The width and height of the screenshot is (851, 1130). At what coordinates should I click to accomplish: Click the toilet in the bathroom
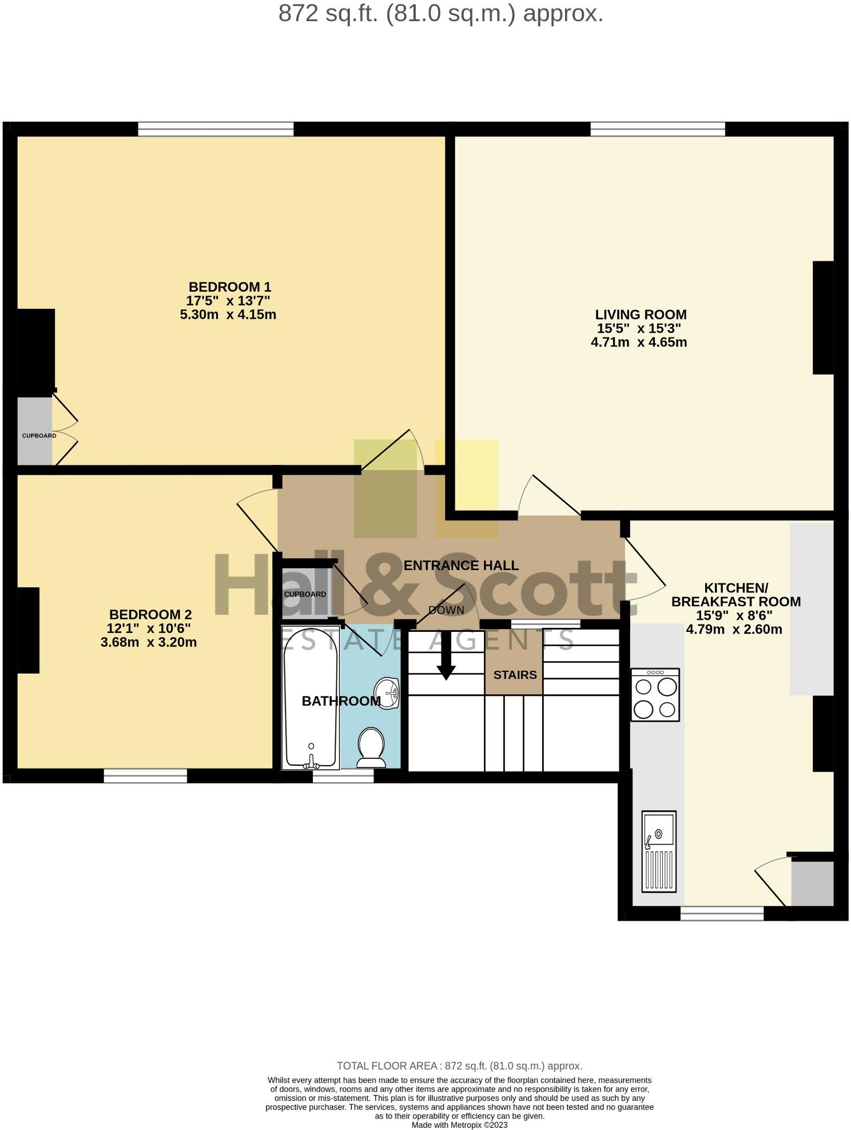[371, 747]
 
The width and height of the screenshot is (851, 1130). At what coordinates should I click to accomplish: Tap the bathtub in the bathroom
[310, 698]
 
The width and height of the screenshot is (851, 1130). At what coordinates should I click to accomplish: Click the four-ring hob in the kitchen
[655, 695]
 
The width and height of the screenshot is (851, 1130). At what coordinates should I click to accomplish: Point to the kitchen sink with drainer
[659, 851]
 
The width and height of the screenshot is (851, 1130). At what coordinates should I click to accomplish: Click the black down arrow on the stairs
[446, 663]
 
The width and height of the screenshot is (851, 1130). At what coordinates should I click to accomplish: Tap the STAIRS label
[515, 675]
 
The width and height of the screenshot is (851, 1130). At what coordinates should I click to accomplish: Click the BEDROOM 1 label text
[229, 287]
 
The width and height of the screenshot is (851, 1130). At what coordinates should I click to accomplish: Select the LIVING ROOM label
[641, 315]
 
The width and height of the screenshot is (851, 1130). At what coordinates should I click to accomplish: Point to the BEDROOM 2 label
[150, 615]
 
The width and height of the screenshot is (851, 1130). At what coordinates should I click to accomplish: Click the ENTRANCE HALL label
[461, 566]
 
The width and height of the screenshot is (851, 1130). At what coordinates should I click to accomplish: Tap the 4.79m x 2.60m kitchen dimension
[734, 630]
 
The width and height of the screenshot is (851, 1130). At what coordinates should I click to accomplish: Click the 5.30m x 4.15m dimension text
[228, 315]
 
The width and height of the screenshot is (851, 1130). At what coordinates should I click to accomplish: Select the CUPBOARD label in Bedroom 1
[39, 436]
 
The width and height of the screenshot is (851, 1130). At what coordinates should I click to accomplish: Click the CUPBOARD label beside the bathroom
[305, 594]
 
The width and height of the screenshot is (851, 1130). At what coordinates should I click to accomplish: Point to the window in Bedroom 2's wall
[145, 775]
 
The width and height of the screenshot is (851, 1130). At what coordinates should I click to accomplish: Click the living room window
[658, 129]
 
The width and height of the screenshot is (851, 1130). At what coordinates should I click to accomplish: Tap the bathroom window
[343, 775]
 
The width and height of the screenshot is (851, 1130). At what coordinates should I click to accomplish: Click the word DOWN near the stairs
[446, 610]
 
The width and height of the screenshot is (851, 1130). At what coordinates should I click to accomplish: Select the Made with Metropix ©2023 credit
[460, 1125]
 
